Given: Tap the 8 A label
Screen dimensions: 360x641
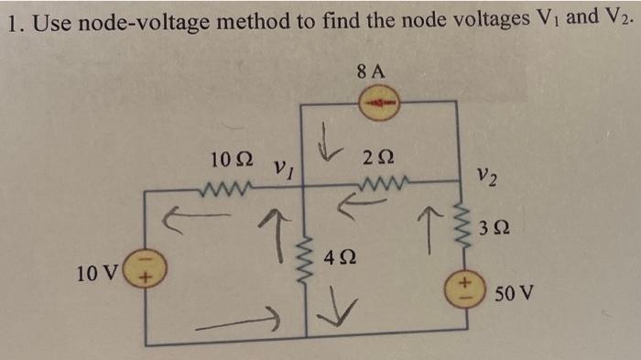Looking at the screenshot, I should [374, 70].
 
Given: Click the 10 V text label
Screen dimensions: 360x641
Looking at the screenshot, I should [99, 271].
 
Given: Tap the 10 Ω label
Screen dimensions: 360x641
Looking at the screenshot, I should [228, 159].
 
